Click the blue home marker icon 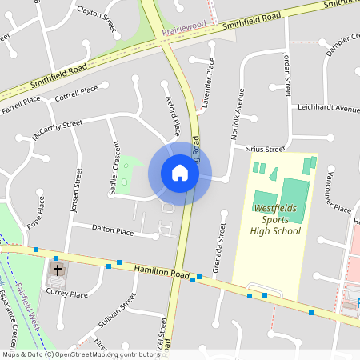tap(180, 173)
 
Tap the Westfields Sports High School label tap(276, 220)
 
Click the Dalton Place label tap(113, 231)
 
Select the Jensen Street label tap(78, 190)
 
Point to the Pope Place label tap(35, 212)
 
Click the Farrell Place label tap(21, 105)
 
